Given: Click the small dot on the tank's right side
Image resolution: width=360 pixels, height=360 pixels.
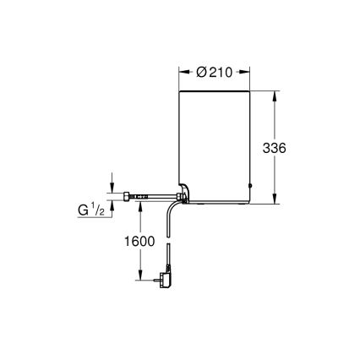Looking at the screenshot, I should click(250, 186).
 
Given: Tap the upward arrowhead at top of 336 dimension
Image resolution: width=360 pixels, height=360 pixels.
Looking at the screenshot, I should click(275, 95).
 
